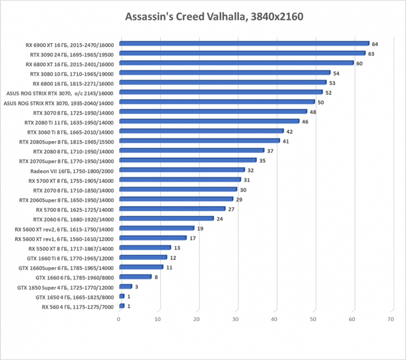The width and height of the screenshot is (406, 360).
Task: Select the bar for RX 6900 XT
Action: click(x=244, y=44)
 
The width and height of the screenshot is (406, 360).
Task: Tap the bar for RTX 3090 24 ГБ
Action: click(x=242, y=53)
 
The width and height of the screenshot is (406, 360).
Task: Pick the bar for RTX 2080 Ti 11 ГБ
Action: click(x=209, y=121)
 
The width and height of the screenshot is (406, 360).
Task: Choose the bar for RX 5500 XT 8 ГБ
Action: click(x=145, y=247)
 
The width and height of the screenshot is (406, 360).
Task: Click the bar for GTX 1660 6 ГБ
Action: click(x=136, y=277)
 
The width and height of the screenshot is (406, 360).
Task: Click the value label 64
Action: click(x=375, y=44)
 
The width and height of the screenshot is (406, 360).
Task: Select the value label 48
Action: click(x=312, y=112)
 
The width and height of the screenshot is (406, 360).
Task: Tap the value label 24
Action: click(x=219, y=218)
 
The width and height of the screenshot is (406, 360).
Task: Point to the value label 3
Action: click(x=137, y=286)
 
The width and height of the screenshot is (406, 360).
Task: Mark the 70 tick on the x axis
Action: click(x=391, y=319)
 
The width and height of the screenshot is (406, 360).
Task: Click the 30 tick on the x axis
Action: click(x=236, y=319)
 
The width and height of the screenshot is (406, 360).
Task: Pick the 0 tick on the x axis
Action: click(x=119, y=319)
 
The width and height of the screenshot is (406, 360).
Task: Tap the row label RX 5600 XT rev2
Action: click(x=64, y=228)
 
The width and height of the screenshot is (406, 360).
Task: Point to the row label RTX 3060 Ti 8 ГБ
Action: click(x=70, y=131)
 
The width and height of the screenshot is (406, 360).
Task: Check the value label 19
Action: click(x=200, y=228)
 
